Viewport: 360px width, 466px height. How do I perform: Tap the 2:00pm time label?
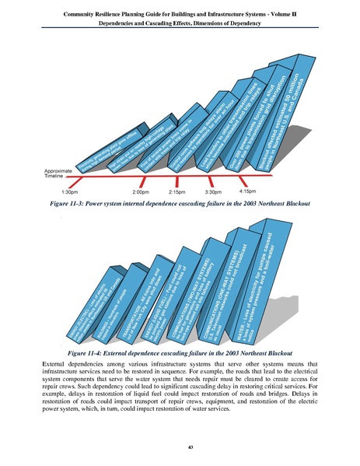pyautogui.click(x=141, y=191)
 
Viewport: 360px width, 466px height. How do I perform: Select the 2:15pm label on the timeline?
pyautogui.click(x=178, y=191)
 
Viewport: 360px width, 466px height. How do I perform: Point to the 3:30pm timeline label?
pyautogui.click(x=213, y=191)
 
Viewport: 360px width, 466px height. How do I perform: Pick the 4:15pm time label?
pyautogui.click(x=248, y=189)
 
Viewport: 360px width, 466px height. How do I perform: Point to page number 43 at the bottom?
pyautogui.click(x=180, y=446)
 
